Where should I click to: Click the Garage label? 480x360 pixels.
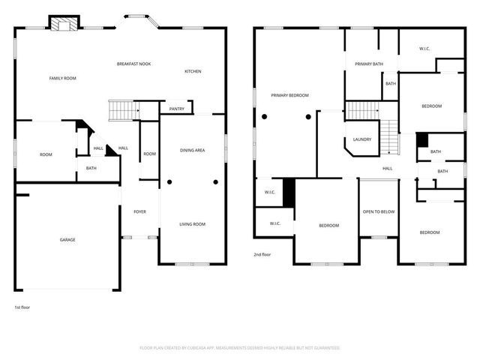coord(67,240)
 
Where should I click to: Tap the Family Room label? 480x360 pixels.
coord(63,78)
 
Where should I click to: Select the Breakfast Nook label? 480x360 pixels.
coord(133,64)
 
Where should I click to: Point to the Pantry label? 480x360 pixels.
coord(177,109)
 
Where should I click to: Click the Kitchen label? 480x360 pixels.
coord(193,71)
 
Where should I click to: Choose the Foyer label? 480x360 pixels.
coord(139,212)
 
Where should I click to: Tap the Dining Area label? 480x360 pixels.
coord(193,151)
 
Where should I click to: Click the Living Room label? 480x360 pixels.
coord(193,224)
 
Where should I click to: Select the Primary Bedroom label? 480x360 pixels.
coord(290,95)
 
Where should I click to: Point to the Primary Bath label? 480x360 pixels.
coord(369,64)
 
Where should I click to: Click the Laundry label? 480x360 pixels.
coord(362,139)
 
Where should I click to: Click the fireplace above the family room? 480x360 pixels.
coord(64,24)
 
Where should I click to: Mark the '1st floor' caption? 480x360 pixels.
coord(22,307)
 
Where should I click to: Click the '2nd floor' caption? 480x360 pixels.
coord(262,255)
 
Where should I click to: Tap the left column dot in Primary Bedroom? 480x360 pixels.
coord(264,117)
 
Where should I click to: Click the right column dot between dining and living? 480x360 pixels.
coord(215,182)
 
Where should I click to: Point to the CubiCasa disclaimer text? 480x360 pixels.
coord(240,348)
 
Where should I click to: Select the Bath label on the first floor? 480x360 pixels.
coord(91,168)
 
